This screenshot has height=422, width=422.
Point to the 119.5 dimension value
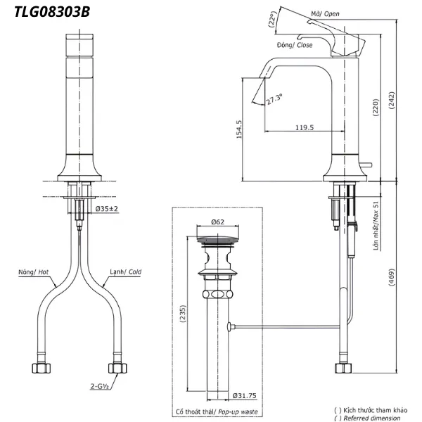click(x=305, y=127)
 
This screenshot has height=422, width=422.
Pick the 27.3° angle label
click(x=274, y=99)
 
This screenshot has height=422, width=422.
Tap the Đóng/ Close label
click(x=295, y=44)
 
